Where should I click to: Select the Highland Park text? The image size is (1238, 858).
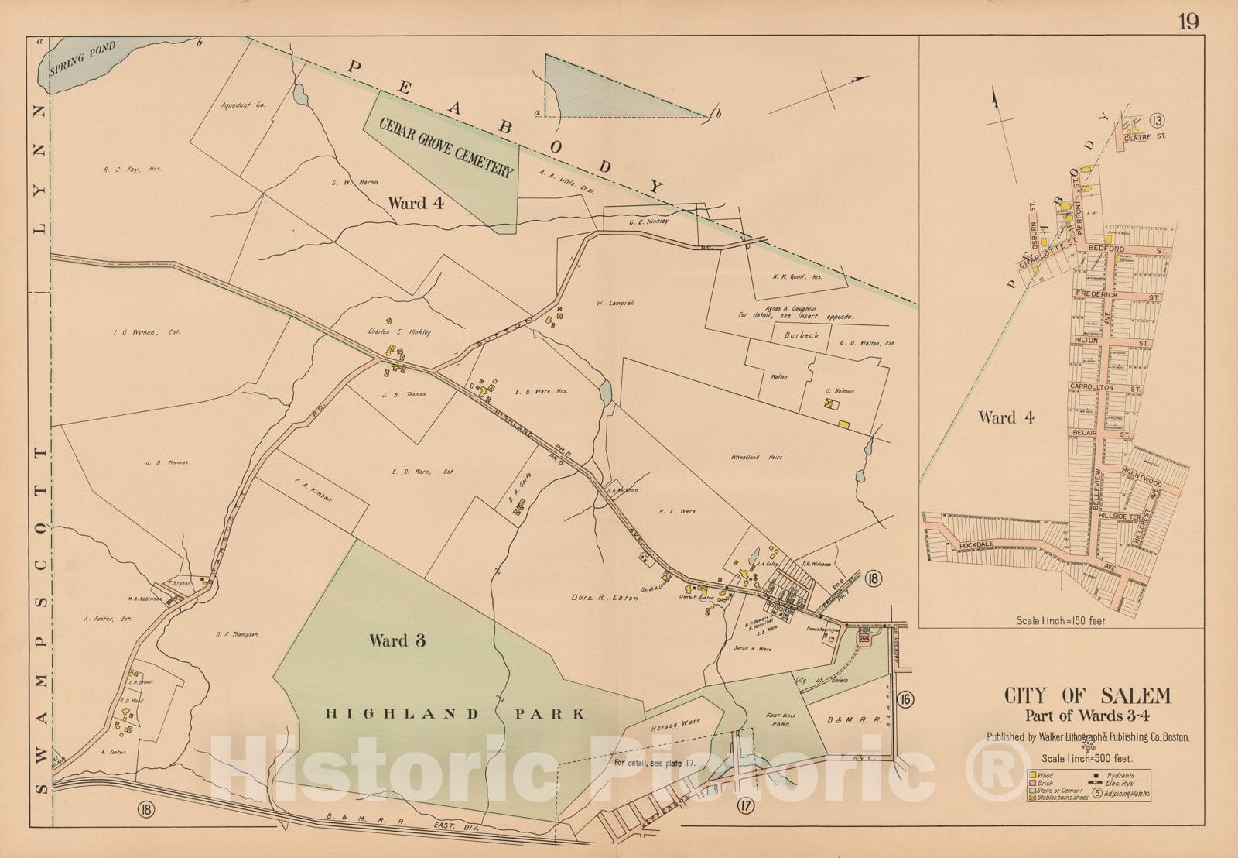pos(455,715)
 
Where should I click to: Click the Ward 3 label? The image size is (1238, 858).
pos(398,640)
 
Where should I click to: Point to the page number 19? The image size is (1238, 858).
pos(1188,21)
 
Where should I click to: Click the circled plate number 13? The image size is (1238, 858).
pos(1157,119)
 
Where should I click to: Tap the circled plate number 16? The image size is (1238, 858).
pos(905,700)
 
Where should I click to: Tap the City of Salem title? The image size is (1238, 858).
pos(1087,696)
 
